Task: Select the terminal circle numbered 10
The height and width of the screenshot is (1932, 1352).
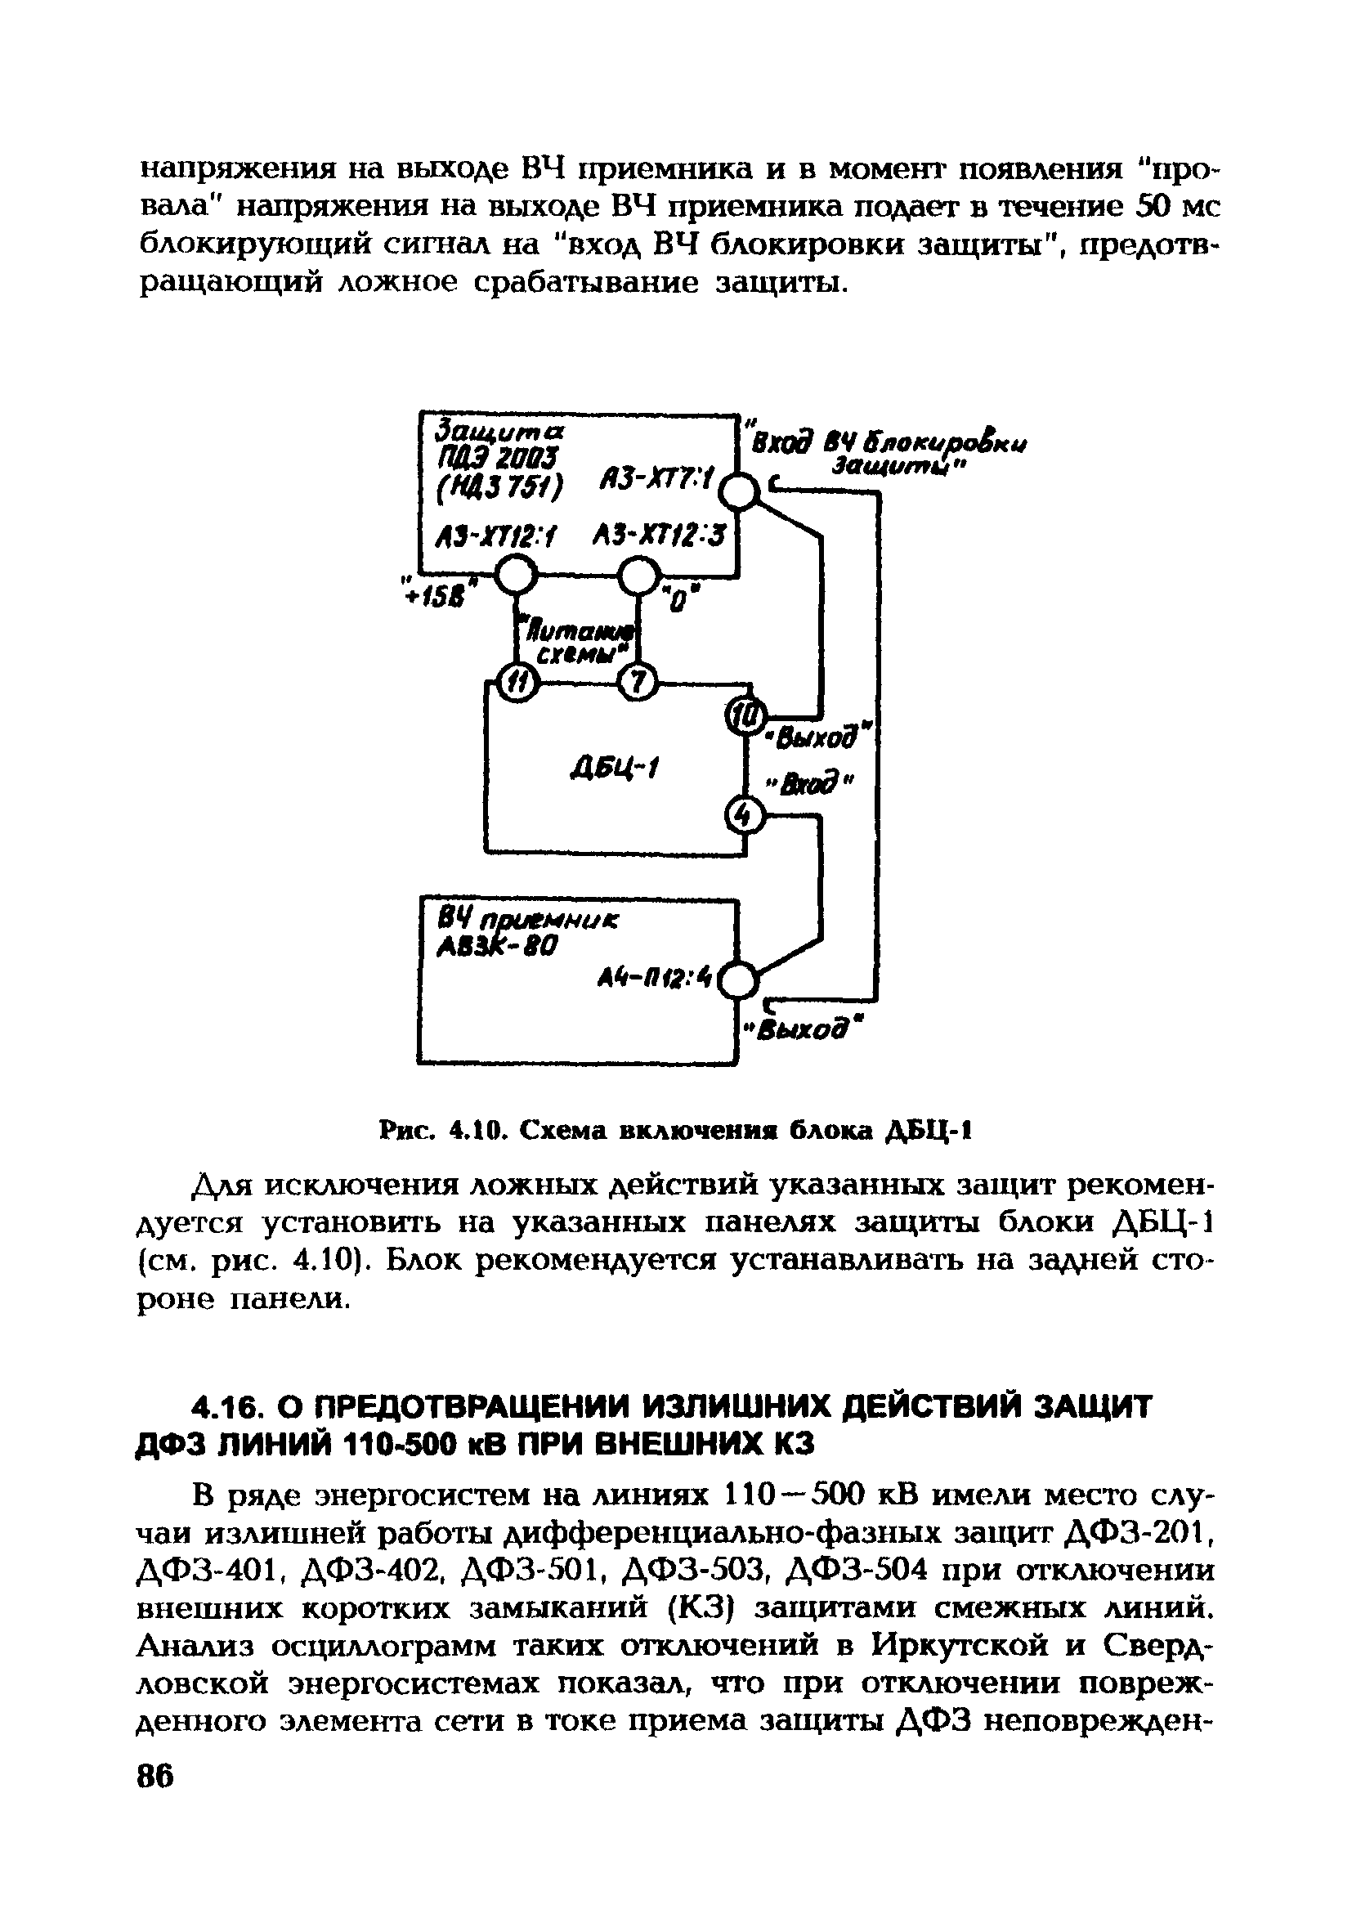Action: point(744,715)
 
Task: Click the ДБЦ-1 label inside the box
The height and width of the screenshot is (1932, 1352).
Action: point(616,767)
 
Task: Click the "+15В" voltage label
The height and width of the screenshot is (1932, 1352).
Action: point(440,594)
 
